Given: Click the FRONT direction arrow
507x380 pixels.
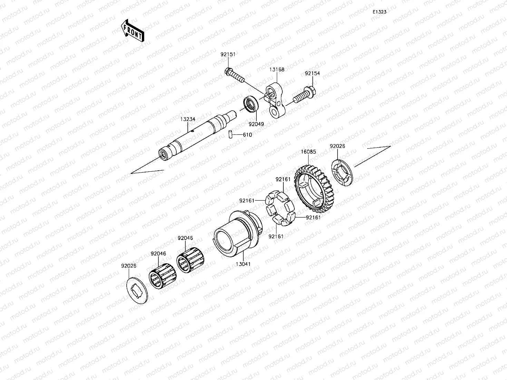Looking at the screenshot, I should coord(133,31).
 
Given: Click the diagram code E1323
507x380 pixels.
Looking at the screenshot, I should coord(379,12).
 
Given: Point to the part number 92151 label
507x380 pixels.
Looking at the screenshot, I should coord(228,54).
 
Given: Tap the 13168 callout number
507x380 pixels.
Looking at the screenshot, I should coord(277,69).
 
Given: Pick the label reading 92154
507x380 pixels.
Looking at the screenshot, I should coord(312,73).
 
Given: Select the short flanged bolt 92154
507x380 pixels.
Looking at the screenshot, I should coord(304,96).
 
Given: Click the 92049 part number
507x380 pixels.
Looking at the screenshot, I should coord(256,124).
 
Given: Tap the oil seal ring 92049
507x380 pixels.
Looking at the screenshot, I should coord(251,104).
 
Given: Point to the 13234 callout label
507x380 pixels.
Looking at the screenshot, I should coord(187,119).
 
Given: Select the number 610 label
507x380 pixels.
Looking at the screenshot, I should coord(247,135).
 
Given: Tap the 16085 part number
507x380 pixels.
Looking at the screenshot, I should coord(308,152).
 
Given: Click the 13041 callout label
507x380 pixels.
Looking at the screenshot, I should coord(243,264).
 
